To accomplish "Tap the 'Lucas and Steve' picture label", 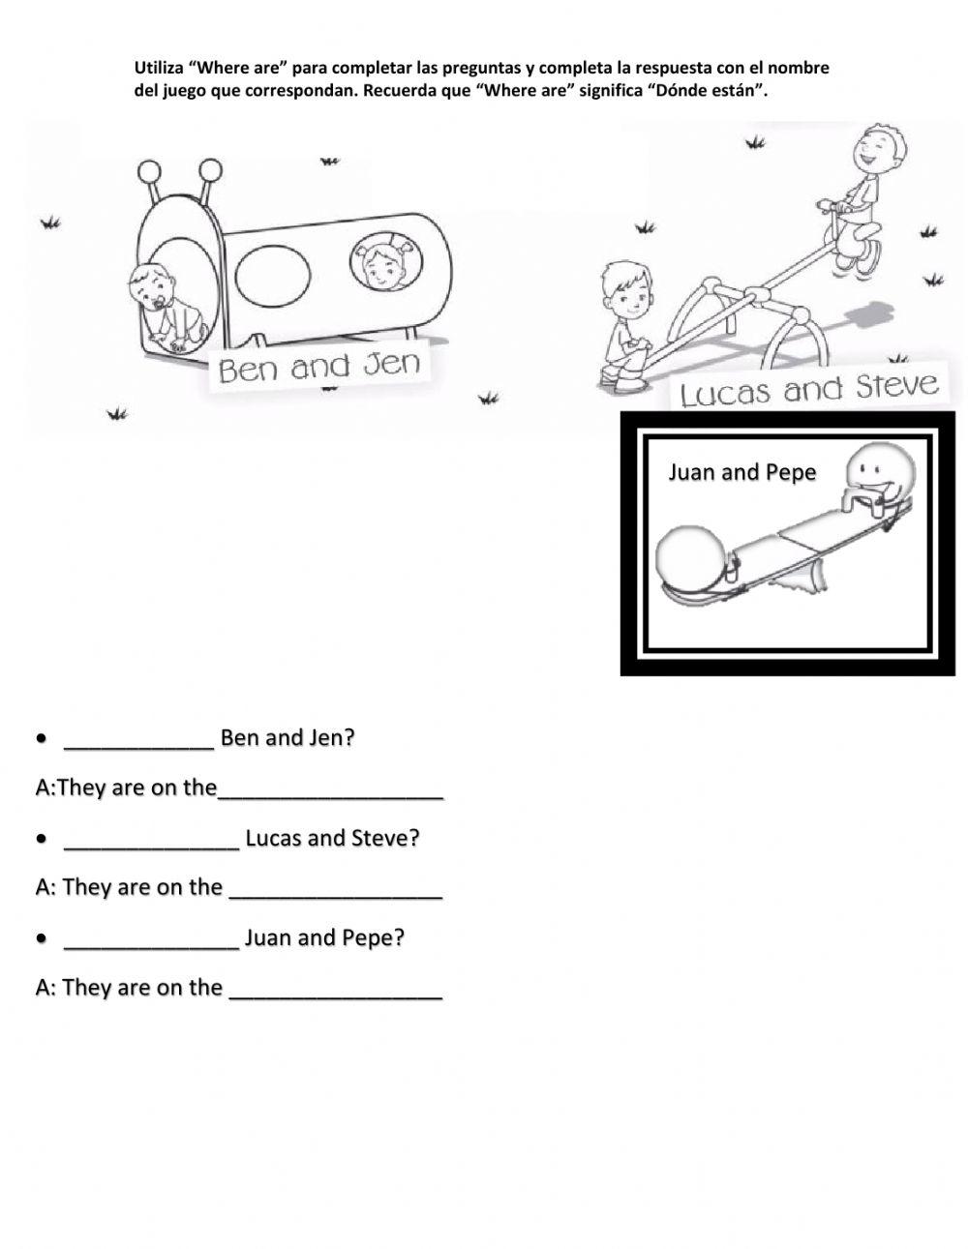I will pos(809,390).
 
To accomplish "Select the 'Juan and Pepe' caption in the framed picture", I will pos(741,472).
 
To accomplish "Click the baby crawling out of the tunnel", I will pos(165,300).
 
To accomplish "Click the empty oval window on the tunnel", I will pos(274,275).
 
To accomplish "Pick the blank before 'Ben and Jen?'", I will pos(138,739).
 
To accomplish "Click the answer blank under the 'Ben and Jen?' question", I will pos(331,789).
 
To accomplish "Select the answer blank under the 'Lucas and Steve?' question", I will pos(336,889).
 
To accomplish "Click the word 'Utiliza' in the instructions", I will pos(157,69).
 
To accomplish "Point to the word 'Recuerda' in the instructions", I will pos(409,91).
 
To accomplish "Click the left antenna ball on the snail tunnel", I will pos(149,172).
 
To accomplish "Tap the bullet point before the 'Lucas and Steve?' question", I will pos(42,839).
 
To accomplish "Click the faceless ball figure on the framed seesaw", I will pos(691,558).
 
